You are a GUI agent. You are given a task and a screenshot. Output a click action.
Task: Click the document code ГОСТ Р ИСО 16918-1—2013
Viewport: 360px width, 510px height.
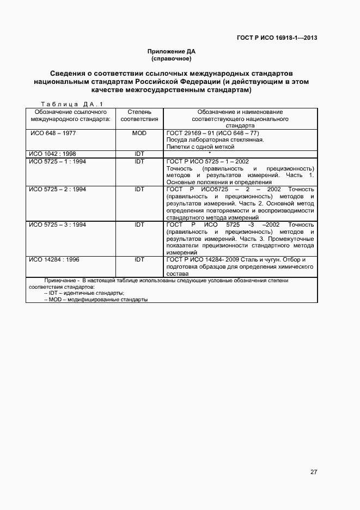pyautogui.click(x=277, y=38)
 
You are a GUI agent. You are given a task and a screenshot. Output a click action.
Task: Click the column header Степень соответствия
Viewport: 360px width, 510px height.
pyautogui.click(x=139, y=115)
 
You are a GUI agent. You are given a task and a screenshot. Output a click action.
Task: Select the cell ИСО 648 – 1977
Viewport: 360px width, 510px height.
pyautogui.click(x=53, y=133)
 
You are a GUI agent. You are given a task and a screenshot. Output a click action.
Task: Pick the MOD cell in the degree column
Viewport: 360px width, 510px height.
pyautogui.click(x=139, y=133)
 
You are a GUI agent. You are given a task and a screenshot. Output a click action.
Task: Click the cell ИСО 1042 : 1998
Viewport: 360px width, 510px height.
pyautogui.click(x=53, y=154)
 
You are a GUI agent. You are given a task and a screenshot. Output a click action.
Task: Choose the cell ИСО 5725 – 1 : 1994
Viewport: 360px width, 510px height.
pyautogui.click(x=57, y=161)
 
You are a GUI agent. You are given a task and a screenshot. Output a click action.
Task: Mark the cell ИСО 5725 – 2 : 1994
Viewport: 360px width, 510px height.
pyautogui.click(x=57, y=189)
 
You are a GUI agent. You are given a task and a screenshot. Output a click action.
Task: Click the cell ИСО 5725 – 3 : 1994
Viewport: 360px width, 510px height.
pyautogui.click(x=57, y=224)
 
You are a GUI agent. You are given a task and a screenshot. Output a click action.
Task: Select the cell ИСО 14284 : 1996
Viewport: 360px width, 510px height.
pyautogui.click(x=54, y=260)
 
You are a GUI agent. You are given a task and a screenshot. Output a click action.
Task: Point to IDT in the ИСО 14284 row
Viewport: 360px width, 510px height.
pyautogui.click(x=139, y=260)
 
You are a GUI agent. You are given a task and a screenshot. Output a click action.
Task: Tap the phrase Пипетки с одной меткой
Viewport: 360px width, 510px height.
pyautogui.click(x=200, y=147)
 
